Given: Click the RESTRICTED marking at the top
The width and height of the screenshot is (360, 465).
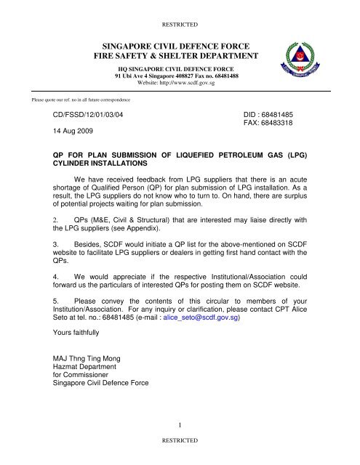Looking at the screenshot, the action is (x=180, y=12).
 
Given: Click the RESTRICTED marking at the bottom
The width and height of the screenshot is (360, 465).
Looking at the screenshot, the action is (x=180, y=441).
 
